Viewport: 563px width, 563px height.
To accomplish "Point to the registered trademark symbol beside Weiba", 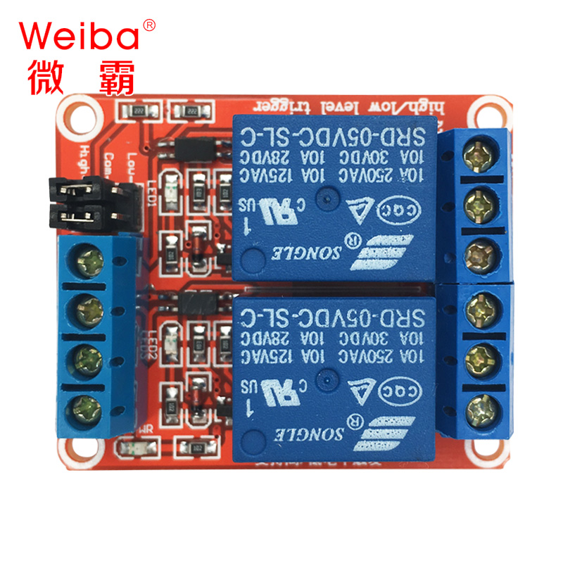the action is click(148, 25).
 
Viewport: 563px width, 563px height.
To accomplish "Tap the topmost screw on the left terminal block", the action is click(90, 261).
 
